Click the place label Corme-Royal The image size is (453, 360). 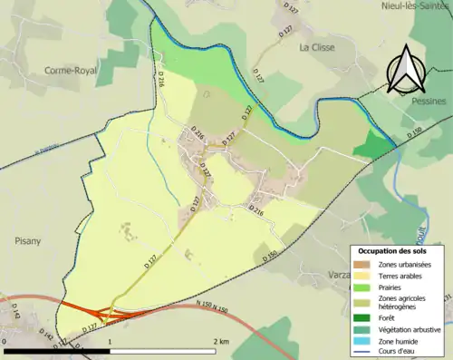(x=72, y=69)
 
